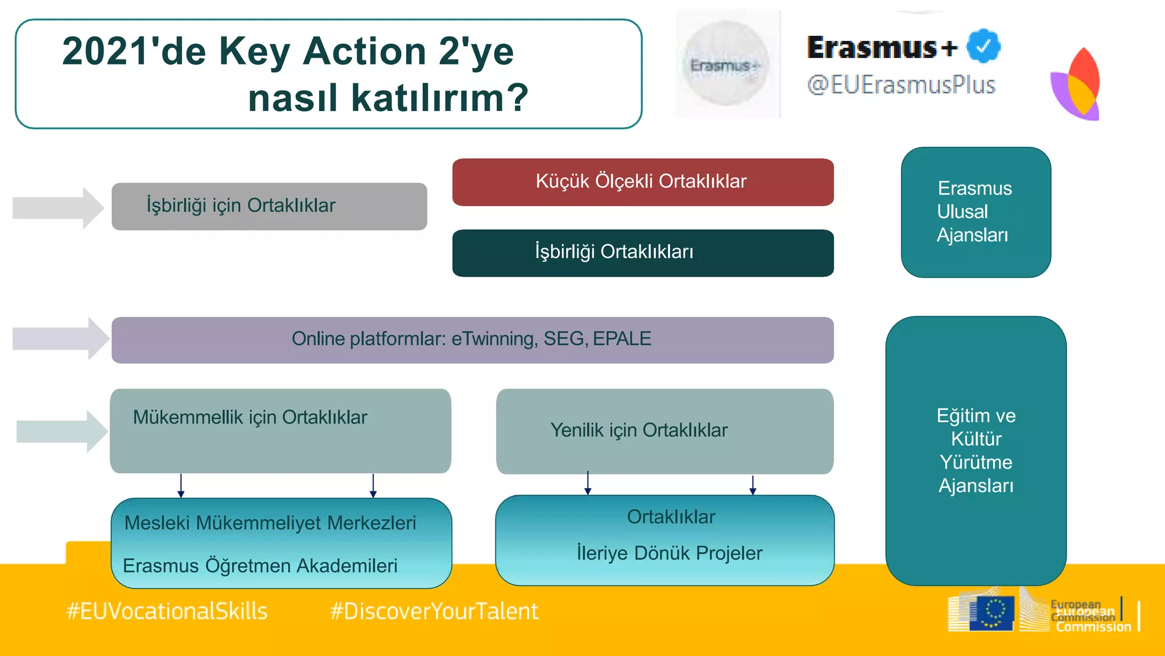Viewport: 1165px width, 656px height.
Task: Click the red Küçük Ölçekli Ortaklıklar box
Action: coord(642,182)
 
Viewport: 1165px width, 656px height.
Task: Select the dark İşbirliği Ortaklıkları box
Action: coord(642,253)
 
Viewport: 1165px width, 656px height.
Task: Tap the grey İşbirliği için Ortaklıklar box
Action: coord(268,206)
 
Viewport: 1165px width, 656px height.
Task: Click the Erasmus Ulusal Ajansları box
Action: coord(975,212)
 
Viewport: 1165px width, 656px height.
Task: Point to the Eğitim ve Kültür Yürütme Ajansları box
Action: coord(976,450)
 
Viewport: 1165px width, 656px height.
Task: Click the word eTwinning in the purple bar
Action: coord(493,339)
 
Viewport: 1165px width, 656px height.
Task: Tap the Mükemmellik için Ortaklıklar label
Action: coord(250,417)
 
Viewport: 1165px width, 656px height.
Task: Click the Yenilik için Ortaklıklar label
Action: coord(639,430)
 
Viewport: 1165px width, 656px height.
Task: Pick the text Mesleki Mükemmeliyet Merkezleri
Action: coord(270,523)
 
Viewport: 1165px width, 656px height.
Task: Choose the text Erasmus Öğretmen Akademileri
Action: coord(260,565)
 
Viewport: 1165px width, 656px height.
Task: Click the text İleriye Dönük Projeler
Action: coord(669,553)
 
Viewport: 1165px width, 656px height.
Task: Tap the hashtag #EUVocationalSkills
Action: coord(167,612)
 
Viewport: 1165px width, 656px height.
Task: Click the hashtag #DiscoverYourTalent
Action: coord(433,612)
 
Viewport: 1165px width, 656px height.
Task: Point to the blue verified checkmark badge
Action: coord(984,47)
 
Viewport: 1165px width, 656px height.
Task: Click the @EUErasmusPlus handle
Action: coord(901,85)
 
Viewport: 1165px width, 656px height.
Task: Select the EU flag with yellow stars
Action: coord(992,613)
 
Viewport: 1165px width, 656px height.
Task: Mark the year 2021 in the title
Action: coord(102,51)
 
